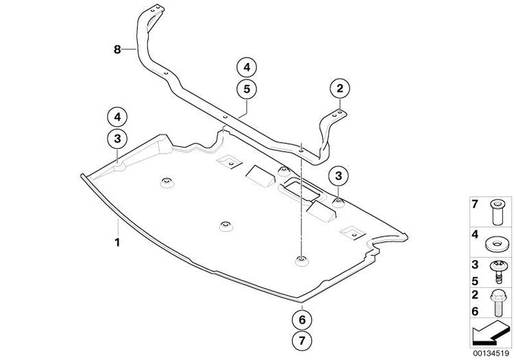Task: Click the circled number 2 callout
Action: pyautogui.click(x=340, y=88)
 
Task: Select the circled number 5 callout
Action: pyautogui.click(x=247, y=89)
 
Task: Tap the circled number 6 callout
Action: pyautogui.click(x=302, y=320)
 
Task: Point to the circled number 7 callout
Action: pyautogui.click(x=302, y=340)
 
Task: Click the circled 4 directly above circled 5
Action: pyautogui.click(x=247, y=67)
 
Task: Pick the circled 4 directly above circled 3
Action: pyautogui.click(x=117, y=117)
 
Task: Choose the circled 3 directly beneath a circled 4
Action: pyautogui.click(x=117, y=139)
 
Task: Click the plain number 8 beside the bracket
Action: pyautogui.click(x=117, y=50)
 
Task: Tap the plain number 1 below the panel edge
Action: pyautogui.click(x=117, y=243)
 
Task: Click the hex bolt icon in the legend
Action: pyautogui.click(x=498, y=304)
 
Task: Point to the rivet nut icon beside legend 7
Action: pyautogui.click(x=497, y=213)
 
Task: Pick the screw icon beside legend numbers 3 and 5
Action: pyautogui.click(x=498, y=273)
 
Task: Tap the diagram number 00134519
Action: pyautogui.click(x=491, y=353)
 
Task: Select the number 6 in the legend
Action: pyautogui.click(x=475, y=311)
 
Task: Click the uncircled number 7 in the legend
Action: pyautogui.click(x=475, y=204)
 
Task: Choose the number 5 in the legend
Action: pyautogui.click(x=475, y=281)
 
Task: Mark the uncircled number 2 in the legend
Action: pyautogui.click(x=475, y=295)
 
